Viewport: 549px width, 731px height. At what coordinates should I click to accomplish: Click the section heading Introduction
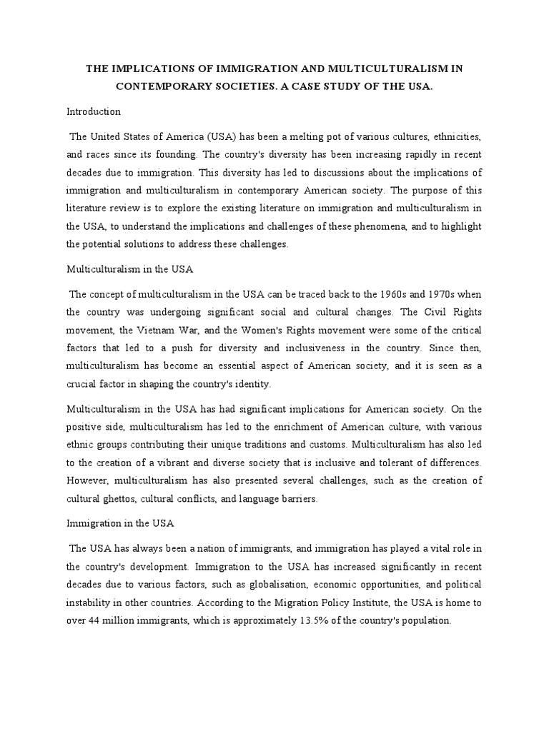[94, 111]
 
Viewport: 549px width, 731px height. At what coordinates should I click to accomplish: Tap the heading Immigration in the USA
[120, 523]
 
